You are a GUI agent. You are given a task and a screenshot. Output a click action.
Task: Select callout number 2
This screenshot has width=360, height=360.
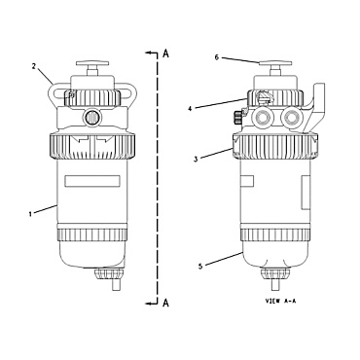(x=33, y=67)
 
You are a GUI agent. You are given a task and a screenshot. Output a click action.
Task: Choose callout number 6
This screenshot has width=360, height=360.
(x=216, y=57)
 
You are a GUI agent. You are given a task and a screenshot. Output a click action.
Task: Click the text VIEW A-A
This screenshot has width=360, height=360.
(x=281, y=303)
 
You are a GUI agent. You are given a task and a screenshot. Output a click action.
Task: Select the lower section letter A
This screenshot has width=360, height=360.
(x=166, y=304)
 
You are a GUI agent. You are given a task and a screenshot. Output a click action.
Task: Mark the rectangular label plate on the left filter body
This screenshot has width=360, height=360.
(x=93, y=181)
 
